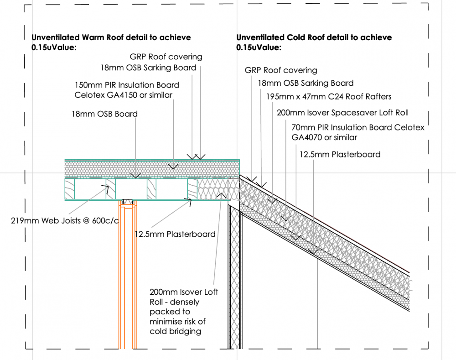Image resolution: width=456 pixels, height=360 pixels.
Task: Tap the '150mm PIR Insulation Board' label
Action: [x=127, y=85]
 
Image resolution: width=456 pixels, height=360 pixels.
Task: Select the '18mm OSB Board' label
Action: [x=105, y=114]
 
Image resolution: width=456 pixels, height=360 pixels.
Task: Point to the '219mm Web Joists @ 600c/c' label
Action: [x=65, y=220]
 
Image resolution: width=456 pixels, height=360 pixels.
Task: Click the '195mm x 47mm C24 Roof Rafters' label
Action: [x=329, y=97]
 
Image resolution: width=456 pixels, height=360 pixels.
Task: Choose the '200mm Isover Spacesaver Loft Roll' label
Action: [x=342, y=113]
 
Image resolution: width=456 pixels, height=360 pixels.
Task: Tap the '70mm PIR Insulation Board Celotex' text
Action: [x=358, y=127]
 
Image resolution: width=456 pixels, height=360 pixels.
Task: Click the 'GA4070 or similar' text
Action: [x=324, y=137]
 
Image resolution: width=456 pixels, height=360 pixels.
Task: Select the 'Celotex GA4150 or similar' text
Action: [x=123, y=95]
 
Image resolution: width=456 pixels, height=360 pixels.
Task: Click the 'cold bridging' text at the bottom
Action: [x=176, y=331]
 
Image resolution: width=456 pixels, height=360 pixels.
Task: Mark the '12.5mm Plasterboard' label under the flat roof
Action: [x=175, y=234]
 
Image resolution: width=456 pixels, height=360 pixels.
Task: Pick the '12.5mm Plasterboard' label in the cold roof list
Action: [x=340, y=154]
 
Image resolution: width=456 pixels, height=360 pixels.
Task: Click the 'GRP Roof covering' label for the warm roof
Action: [x=166, y=57]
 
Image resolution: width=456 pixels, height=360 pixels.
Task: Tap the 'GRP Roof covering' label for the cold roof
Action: [x=281, y=70]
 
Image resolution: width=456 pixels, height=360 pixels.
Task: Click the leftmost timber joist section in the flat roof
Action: [x=70, y=189]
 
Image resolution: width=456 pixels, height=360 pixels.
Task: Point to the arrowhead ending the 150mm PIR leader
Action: [x=173, y=167]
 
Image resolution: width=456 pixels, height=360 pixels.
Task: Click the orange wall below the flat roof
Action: [x=128, y=274]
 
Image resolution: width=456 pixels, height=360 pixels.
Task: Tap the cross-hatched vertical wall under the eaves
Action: [x=234, y=277]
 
